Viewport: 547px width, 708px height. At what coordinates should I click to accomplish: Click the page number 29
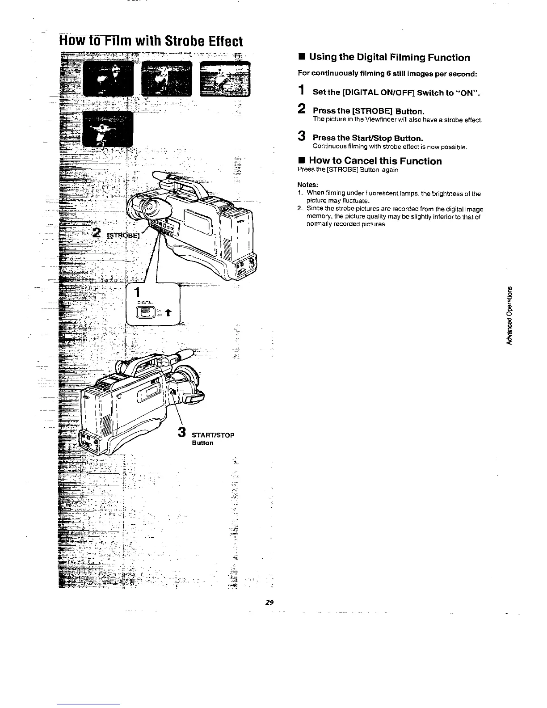(269, 602)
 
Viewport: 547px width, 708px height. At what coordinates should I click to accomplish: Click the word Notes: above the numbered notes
(307, 185)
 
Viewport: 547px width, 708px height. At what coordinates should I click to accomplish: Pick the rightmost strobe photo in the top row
(226, 79)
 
